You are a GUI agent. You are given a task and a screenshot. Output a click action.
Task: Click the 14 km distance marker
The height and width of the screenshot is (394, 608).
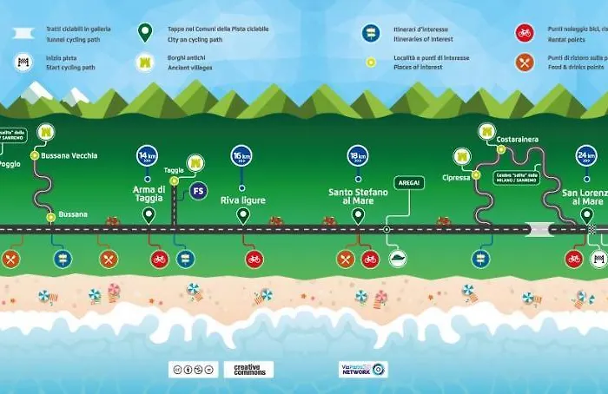[147, 156]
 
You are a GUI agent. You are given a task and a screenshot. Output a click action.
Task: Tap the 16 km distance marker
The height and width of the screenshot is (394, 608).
[241, 156]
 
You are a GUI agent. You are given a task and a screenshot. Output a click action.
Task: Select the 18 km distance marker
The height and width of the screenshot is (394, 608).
[358, 156]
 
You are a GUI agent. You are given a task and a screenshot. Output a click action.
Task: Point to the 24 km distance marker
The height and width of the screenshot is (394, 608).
[586, 156]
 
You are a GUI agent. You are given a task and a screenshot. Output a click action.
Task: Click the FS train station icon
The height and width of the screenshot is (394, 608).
[199, 189]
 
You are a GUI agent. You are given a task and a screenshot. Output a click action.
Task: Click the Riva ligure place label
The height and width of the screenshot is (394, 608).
[242, 200]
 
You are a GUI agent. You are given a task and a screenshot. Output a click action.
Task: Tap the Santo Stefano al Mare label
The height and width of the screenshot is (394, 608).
[358, 196]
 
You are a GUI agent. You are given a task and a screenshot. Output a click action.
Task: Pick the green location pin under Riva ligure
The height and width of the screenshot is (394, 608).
[242, 215]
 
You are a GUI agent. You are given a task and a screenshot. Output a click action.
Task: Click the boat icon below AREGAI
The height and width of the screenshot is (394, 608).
[397, 258]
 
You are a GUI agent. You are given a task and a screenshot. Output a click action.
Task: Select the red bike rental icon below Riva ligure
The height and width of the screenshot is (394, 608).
[254, 259]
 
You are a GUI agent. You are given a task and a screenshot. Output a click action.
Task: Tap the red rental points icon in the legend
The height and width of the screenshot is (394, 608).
[524, 33]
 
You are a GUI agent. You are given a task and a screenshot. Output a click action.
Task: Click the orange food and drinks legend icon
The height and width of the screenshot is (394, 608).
[524, 62]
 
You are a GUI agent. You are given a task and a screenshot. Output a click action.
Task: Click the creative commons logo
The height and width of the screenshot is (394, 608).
[248, 369]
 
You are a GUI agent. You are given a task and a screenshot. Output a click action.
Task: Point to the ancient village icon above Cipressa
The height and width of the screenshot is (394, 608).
[462, 156]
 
